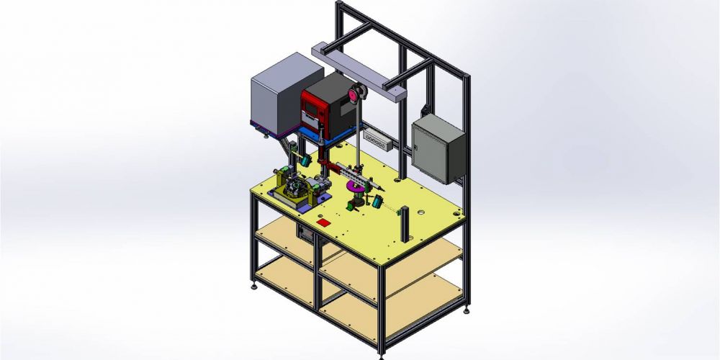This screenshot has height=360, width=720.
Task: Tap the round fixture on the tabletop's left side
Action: (296, 189)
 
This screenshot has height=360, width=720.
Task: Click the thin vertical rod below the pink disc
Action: (357, 144)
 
